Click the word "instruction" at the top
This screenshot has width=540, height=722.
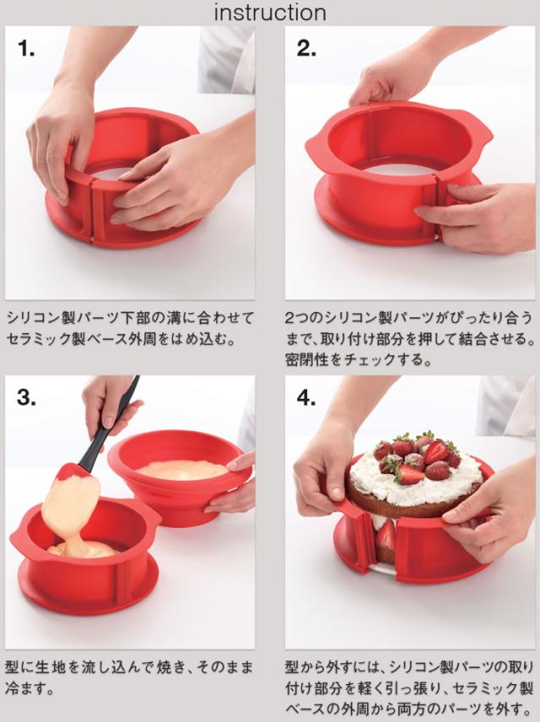[269, 13]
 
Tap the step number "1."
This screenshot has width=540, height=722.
[27, 48]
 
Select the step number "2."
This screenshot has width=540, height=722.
[305, 48]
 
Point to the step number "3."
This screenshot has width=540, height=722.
[27, 397]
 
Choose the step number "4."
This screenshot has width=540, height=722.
[305, 397]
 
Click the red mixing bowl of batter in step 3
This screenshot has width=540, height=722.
[177, 481]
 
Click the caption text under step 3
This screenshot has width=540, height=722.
[131, 677]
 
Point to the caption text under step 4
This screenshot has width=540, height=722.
[409, 687]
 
